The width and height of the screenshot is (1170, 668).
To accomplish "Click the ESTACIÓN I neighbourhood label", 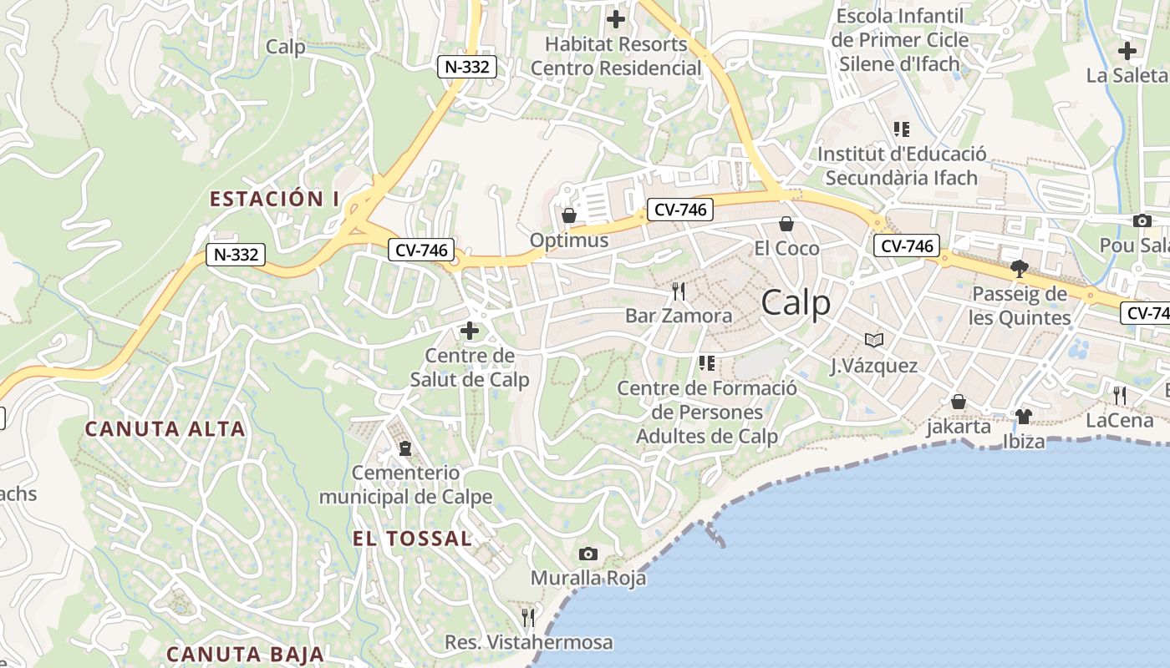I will (274, 199).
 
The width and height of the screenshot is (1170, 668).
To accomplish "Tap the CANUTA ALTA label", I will (165, 429).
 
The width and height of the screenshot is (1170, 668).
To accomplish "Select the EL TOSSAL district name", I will (412, 539).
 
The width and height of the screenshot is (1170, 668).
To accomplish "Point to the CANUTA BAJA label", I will (244, 654).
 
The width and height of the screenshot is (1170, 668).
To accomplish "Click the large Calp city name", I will (796, 303).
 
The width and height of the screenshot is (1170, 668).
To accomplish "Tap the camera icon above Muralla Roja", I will (588, 554).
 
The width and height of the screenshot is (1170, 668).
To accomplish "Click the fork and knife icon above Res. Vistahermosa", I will (528, 617).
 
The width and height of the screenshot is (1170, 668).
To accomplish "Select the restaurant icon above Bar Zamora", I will (679, 291).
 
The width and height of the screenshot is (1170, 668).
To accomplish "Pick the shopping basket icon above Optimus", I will (569, 215).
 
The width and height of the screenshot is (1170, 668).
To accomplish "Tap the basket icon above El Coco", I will (786, 223).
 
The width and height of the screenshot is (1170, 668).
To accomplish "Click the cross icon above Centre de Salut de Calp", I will (470, 331).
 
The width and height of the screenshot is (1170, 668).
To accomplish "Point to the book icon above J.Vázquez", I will (874, 340).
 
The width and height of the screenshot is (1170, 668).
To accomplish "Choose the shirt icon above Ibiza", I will (1024, 416).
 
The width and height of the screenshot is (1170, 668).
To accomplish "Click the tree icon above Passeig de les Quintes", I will (1019, 268).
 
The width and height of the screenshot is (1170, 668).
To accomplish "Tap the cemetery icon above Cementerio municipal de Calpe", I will (405, 448).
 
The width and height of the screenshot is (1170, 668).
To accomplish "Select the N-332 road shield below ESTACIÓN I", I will (236, 255).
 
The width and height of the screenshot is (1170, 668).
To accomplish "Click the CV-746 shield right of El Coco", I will (907, 245).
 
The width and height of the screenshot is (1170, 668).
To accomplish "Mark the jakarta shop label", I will (959, 427).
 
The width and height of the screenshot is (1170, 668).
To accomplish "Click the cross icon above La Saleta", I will (1127, 50).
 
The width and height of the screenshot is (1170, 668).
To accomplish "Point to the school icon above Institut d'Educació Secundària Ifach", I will (901, 129).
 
